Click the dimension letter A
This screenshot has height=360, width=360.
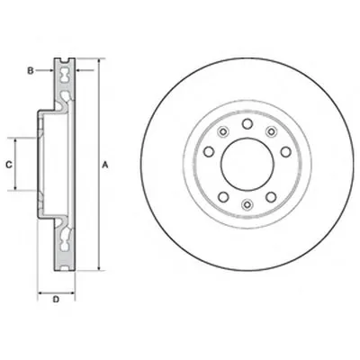[105, 165]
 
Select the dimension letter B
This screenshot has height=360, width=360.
[31, 71]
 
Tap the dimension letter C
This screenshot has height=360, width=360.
[9, 165]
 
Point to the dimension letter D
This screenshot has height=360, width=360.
[56, 299]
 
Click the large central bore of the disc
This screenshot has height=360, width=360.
[247, 164]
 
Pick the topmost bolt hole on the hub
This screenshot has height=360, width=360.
[247, 123]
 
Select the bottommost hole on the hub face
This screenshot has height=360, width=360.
[247, 204]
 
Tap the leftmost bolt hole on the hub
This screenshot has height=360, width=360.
[209, 151]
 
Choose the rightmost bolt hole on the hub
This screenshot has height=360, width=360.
[286, 151]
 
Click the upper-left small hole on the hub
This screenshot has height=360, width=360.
[223, 131]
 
